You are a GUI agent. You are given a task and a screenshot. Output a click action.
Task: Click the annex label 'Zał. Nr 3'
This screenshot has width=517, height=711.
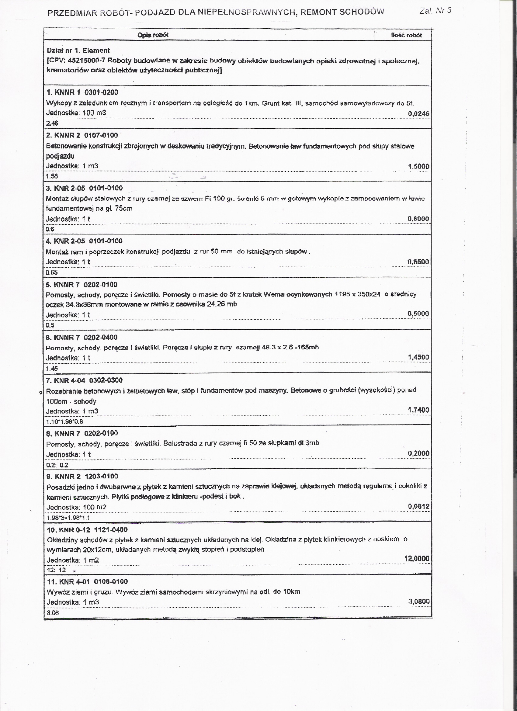(x=435, y=11)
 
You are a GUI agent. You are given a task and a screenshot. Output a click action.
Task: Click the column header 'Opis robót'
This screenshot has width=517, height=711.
(x=153, y=35)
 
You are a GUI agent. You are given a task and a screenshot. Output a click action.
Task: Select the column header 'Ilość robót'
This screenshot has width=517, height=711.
(x=406, y=35)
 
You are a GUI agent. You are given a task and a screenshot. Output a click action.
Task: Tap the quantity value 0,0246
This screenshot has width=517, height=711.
(x=418, y=114)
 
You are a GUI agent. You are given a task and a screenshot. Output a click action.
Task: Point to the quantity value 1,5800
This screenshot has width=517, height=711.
(x=418, y=166)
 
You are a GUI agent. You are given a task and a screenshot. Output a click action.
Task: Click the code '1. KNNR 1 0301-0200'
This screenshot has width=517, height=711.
(x=82, y=92)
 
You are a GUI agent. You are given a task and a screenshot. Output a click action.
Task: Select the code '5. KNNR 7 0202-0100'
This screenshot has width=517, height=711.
(x=81, y=285)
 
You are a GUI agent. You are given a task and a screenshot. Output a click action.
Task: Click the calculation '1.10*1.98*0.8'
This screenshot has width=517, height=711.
(x=64, y=422)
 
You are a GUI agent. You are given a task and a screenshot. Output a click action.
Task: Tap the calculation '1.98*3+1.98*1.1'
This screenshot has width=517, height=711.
(x=68, y=518)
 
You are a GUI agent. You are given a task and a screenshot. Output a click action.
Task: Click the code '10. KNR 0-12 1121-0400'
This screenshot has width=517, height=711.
(x=87, y=530)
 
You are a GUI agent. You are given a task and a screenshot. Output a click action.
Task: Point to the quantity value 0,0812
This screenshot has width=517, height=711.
(x=418, y=506)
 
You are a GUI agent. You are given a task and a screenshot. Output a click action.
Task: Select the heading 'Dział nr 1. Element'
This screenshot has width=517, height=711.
(x=78, y=50)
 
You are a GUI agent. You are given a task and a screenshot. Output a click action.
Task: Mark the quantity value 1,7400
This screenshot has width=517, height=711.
(x=418, y=410)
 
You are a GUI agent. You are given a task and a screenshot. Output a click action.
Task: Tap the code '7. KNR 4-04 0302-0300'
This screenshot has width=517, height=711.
(x=84, y=380)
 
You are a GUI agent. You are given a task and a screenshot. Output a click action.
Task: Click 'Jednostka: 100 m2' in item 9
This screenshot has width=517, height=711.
(x=76, y=507)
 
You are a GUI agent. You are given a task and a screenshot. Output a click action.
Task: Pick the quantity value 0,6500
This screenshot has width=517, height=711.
(x=418, y=262)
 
